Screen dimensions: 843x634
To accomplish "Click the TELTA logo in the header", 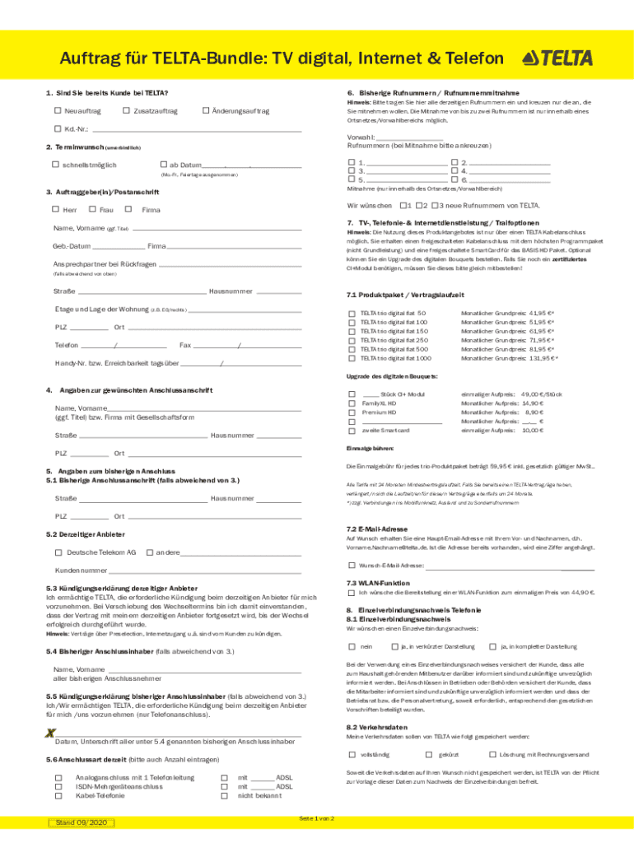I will [x=557, y=58].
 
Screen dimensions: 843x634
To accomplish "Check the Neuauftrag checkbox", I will [x=58, y=111].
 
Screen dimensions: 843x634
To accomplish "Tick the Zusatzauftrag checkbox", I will [x=126, y=111].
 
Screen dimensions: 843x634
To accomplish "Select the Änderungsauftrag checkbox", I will [x=206, y=111].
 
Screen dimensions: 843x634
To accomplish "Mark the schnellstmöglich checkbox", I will [x=56, y=165].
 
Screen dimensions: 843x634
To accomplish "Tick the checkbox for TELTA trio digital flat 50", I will [x=352, y=314].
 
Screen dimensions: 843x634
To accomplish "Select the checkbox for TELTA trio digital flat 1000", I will [x=352, y=358].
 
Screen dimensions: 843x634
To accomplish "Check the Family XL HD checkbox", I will [x=352, y=404].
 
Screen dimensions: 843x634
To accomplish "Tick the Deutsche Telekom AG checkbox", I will [x=58, y=552].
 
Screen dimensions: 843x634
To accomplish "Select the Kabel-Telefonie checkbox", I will [x=58, y=796].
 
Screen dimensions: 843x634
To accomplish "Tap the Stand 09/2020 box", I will [x=78, y=822].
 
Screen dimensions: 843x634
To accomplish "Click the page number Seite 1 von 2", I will [x=317, y=819].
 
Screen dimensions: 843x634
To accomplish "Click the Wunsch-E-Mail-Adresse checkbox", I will [x=352, y=566].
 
